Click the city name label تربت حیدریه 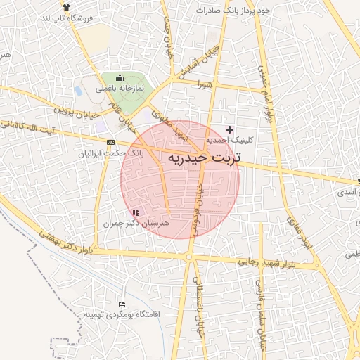point(204,158)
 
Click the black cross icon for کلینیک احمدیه point(230,129)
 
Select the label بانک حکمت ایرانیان point(112,152)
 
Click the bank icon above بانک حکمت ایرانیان point(110,142)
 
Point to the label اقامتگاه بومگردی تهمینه point(113,314)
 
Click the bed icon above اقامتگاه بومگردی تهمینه point(123,304)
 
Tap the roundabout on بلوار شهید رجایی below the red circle point(189,257)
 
